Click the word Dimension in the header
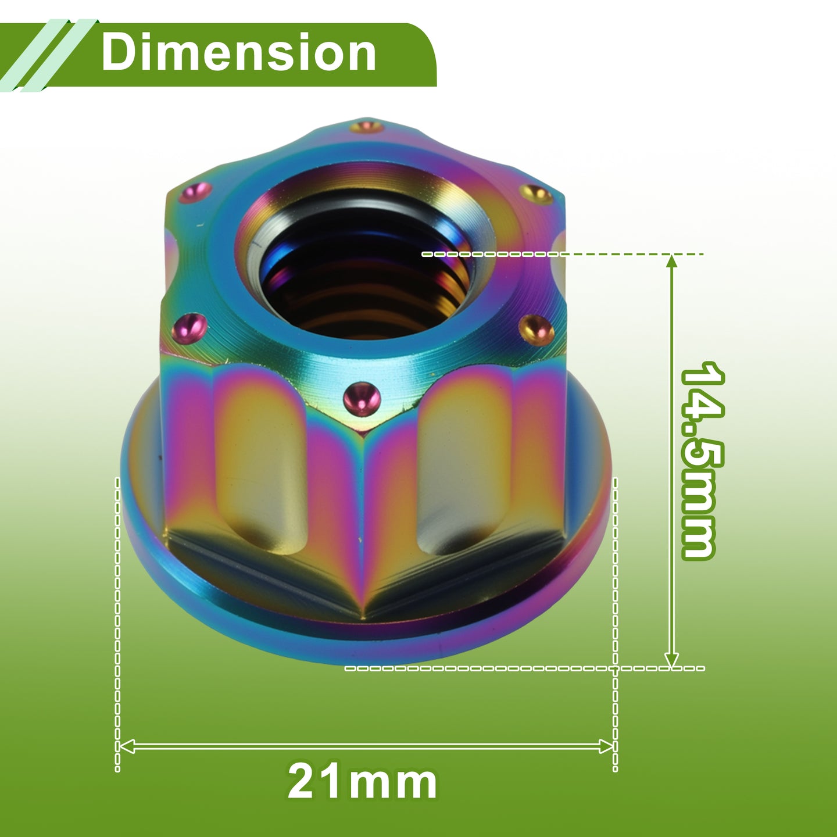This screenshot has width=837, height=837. coord(238,52)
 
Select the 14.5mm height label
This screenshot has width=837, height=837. coord(702,460)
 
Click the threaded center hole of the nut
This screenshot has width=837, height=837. coord(365,278)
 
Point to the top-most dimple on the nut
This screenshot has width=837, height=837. coord(366,127)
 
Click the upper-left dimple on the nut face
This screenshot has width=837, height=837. coord(195,192)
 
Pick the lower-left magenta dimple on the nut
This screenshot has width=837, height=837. coord(189,328)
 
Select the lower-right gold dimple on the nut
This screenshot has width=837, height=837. coord(536,330)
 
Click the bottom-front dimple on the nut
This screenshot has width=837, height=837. coord(362,399)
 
